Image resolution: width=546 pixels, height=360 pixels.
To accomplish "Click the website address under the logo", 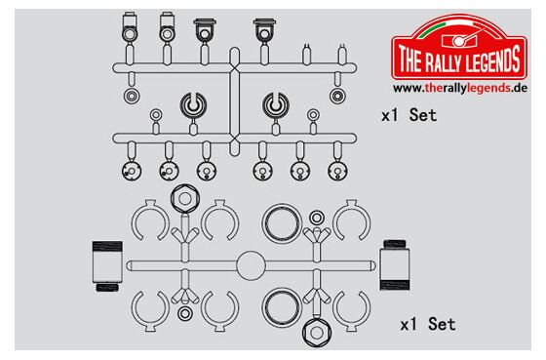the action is click(460, 88).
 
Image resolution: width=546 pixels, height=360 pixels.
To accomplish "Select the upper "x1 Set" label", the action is click(409, 115).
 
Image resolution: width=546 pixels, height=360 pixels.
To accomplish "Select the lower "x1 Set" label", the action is click(428, 324).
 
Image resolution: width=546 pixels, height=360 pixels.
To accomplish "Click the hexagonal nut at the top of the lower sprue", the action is click(185, 199).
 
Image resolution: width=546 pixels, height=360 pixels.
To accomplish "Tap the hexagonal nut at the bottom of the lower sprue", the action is click(317, 333).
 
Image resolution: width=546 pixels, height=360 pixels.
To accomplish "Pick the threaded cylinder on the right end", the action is click(395, 264).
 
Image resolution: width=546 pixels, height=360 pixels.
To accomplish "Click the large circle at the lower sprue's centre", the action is click(251, 265).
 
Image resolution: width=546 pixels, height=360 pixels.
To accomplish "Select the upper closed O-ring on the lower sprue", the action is click(282, 223).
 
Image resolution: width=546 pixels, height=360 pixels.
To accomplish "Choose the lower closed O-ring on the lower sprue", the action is click(282, 307).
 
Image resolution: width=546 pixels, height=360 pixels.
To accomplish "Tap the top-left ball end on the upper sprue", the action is click(129, 28).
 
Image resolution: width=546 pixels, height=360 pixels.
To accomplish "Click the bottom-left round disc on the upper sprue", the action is click(132, 171).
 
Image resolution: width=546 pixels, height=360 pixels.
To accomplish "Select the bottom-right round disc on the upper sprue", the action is click(337, 171).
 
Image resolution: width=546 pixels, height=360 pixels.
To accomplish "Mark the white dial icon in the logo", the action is click(459, 42).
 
